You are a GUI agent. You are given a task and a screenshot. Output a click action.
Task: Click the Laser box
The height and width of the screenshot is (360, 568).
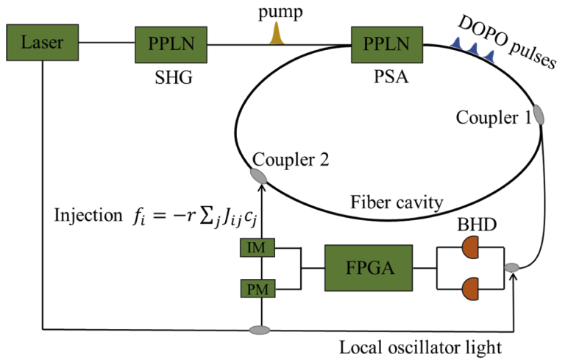(43, 43)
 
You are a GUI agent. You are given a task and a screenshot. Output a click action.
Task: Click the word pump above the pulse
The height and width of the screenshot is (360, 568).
(278, 12)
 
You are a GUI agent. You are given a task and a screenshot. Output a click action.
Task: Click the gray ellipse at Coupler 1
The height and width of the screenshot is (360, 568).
(539, 114)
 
